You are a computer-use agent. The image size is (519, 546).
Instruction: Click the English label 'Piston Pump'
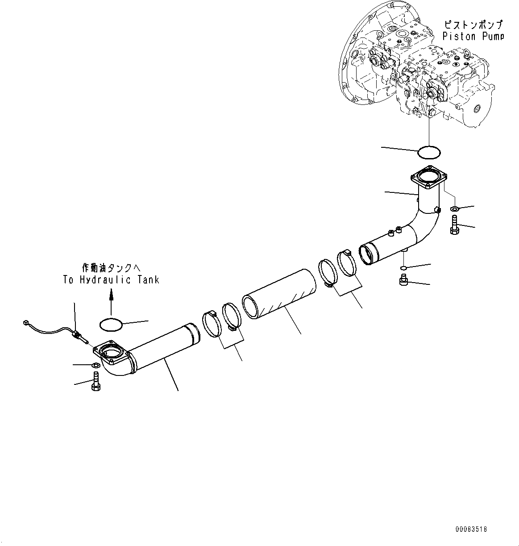pos(473,37)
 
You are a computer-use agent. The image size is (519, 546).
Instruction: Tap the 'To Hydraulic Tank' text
pos(111,280)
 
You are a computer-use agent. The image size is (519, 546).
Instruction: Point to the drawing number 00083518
pos(471,529)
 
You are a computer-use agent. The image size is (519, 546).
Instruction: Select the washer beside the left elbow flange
pos(95,366)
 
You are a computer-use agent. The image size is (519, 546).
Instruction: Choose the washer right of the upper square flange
pos(454,208)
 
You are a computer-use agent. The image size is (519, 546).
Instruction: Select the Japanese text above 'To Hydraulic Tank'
pos(111,268)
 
